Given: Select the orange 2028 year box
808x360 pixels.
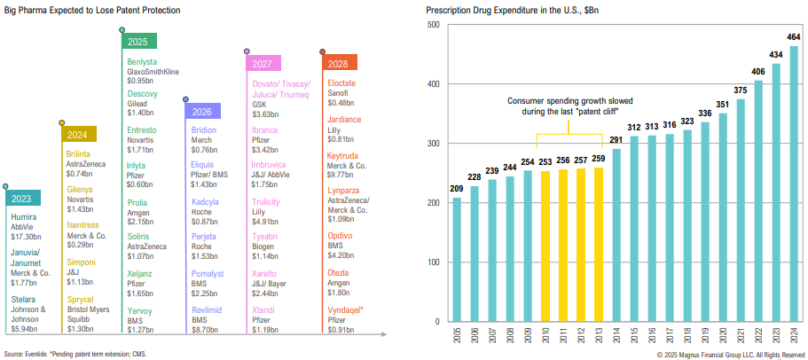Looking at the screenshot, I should tap(339, 64).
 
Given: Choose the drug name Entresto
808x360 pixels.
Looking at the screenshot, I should tap(142, 130).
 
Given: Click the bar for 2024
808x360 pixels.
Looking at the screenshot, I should tap(793, 183).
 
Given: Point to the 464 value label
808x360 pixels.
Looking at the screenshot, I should tap(793, 36).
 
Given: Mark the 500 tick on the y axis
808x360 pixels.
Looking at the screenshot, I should tap(435, 25).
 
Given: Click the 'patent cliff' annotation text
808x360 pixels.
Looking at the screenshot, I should tap(570, 106).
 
